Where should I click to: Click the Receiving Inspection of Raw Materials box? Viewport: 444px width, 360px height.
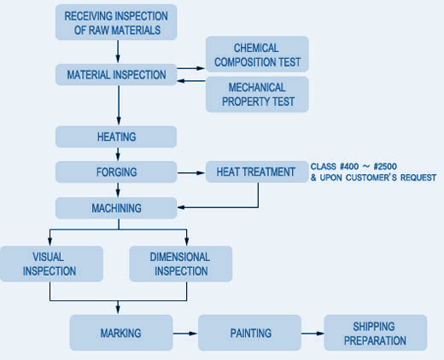click(x=116, y=22)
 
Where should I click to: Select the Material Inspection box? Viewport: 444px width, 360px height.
click(x=116, y=75)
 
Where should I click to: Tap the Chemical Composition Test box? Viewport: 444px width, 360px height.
click(x=257, y=54)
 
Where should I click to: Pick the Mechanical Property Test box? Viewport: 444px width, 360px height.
click(x=257, y=95)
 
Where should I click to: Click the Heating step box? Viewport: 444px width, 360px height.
click(x=116, y=136)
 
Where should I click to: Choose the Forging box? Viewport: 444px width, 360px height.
click(x=116, y=172)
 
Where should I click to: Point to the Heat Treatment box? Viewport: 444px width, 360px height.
click(x=257, y=171)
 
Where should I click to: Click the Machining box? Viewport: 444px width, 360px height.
click(x=116, y=208)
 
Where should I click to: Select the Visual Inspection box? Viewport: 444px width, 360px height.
click(x=51, y=264)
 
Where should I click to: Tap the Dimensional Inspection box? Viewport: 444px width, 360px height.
click(x=181, y=264)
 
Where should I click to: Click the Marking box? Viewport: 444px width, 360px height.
click(x=121, y=333)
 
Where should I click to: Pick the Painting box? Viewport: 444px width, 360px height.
click(x=249, y=333)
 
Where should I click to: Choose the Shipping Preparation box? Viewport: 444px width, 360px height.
click(x=376, y=333)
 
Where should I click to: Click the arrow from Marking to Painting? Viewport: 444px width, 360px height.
click(x=185, y=334)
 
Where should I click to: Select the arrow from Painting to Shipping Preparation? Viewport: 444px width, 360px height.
click(x=313, y=334)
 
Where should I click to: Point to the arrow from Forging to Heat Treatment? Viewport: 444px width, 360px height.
click(x=191, y=172)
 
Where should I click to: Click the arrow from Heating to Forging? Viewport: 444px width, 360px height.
click(x=118, y=154)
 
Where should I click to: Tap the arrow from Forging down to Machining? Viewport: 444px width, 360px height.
click(x=118, y=190)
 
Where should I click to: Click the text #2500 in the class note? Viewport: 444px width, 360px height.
click(x=385, y=166)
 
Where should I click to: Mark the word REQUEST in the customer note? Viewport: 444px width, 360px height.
click(x=418, y=177)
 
